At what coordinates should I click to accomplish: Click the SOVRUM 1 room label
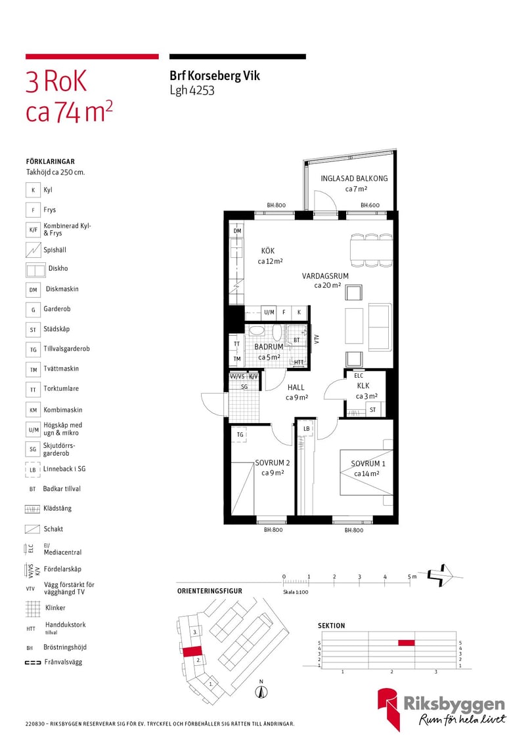pos(368,464)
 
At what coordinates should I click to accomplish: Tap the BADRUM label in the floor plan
pos(269,346)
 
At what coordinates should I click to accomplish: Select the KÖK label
pos(268,251)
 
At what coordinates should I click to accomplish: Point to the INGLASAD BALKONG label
pos(354,178)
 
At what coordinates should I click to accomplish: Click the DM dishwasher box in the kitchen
pos(237,231)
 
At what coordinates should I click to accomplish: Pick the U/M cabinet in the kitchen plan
pos(269,312)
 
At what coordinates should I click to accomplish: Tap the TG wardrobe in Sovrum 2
pos(240,434)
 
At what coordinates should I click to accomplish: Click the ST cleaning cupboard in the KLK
pos(373,409)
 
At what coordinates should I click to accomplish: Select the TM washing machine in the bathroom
pos(237,358)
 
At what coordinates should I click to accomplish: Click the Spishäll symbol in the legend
pos(33,249)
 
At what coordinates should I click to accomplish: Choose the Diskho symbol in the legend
pos(35,270)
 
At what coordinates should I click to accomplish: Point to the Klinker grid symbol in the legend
pos(33,609)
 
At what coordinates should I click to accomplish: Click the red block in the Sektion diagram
pos(407,643)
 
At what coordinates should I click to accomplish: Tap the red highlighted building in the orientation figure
pos(192,651)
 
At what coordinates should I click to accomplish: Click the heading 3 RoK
pos(56,81)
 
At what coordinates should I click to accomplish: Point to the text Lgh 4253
pos(192,91)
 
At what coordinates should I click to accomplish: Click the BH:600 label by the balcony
pos(370,205)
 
